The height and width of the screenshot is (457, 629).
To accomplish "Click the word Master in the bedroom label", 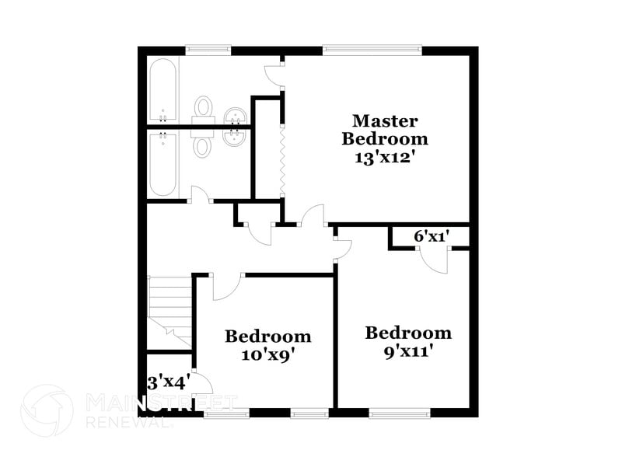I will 385,121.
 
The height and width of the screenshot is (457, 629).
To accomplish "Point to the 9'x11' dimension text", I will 408,350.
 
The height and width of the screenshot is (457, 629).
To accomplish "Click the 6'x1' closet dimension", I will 432,235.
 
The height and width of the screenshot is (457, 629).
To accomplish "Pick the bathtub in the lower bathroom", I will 163,163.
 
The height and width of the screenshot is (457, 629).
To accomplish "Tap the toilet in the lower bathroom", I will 203,142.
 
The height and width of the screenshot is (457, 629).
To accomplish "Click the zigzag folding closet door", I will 281,159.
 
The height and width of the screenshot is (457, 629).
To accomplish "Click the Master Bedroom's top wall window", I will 372,51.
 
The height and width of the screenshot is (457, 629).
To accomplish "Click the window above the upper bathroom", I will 208,51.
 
